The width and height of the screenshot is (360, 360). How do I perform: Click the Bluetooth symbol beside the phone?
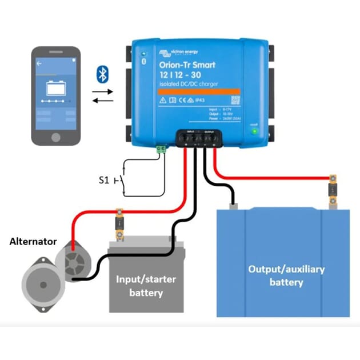click(102, 74)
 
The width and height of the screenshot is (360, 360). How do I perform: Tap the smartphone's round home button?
click(55, 138)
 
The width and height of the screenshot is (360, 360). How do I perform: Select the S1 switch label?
click(103, 181)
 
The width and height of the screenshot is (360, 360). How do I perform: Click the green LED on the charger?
click(254, 131)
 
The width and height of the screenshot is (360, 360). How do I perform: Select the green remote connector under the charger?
click(162, 150)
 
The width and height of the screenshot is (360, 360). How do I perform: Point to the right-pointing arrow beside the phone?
click(103, 90)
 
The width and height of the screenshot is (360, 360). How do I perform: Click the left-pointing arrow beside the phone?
click(103, 101)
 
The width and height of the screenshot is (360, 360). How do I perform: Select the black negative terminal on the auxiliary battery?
click(233, 203)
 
